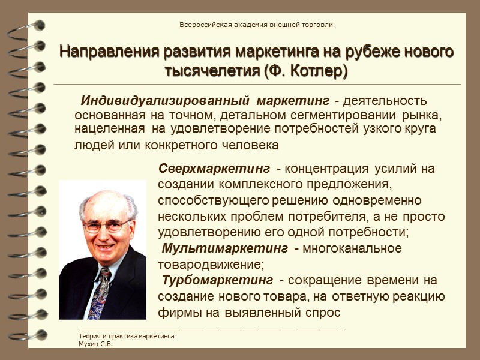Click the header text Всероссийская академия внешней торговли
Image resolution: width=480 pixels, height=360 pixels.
256,25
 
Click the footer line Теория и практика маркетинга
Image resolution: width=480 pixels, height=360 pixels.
127,337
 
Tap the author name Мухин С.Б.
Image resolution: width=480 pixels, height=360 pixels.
96,344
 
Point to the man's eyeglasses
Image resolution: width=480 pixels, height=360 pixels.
107,226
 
